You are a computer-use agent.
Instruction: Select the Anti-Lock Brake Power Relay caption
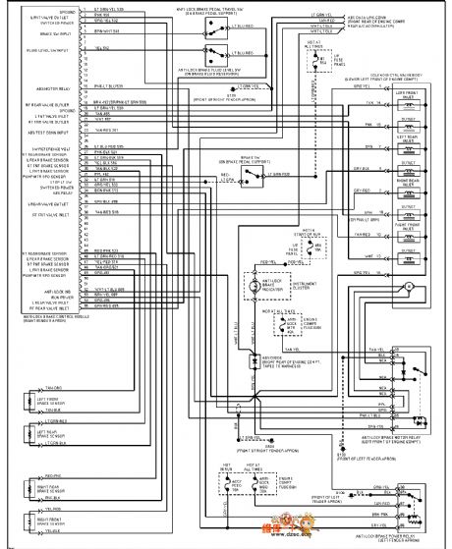coord(393,536)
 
